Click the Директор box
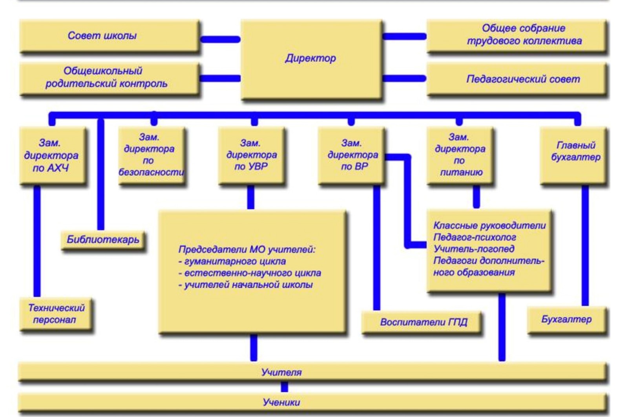[311, 59]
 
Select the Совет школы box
[110, 36]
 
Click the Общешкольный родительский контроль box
[110, 79]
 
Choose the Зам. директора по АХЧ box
[53, 155]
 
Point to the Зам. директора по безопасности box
[152, 155]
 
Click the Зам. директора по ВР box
[351, 155]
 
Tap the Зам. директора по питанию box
[460, 155]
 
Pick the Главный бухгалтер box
[573, 155]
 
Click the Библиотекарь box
[103, 240]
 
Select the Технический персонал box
[56, 314]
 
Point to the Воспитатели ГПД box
[422, 322]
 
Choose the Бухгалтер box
[567, 320]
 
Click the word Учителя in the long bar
[281, 372]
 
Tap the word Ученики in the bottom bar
[281, 402]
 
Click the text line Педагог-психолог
[475, 238]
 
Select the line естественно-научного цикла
[250, 273]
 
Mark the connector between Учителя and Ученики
[284, 387]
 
